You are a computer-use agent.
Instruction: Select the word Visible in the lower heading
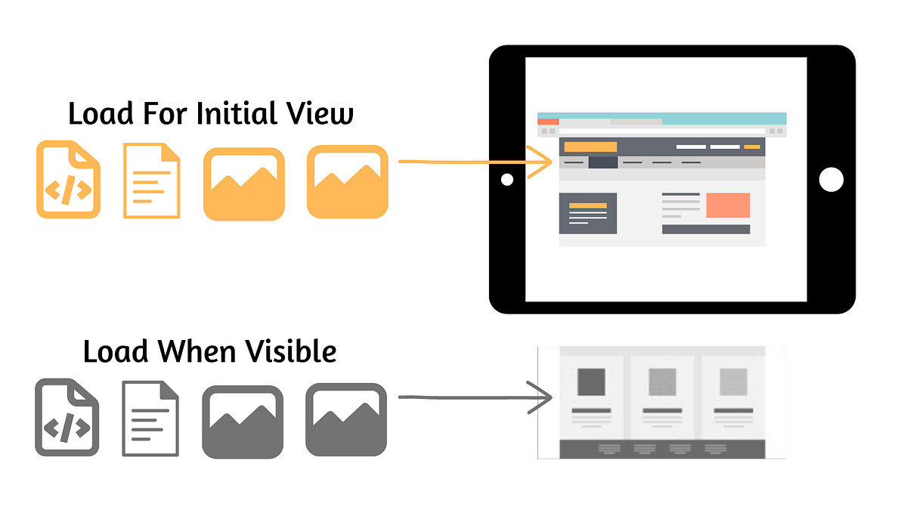pos(291,351)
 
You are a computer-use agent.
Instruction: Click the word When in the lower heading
pos(197,351)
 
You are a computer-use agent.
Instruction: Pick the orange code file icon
pos(69,179)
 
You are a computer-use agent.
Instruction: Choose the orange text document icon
pos(152,181)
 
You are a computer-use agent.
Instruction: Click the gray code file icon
pos(67,417)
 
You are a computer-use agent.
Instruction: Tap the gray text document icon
pos(150,419)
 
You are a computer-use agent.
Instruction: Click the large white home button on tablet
pos(831,179)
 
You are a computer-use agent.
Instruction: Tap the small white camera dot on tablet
pos(507,179)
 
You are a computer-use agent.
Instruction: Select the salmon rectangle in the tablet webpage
pos(728,206)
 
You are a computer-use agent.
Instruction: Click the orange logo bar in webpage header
pos(590,147)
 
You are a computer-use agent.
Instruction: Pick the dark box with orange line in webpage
pos(588,213)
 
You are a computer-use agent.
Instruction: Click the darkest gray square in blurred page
pos(591,382)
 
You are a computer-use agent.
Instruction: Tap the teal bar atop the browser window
pos(662,117)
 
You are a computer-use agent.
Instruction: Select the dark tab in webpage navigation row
pos(603,162)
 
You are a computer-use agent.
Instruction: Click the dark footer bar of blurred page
pos(662,450)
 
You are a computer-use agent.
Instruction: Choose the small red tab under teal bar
pos(548,122)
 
